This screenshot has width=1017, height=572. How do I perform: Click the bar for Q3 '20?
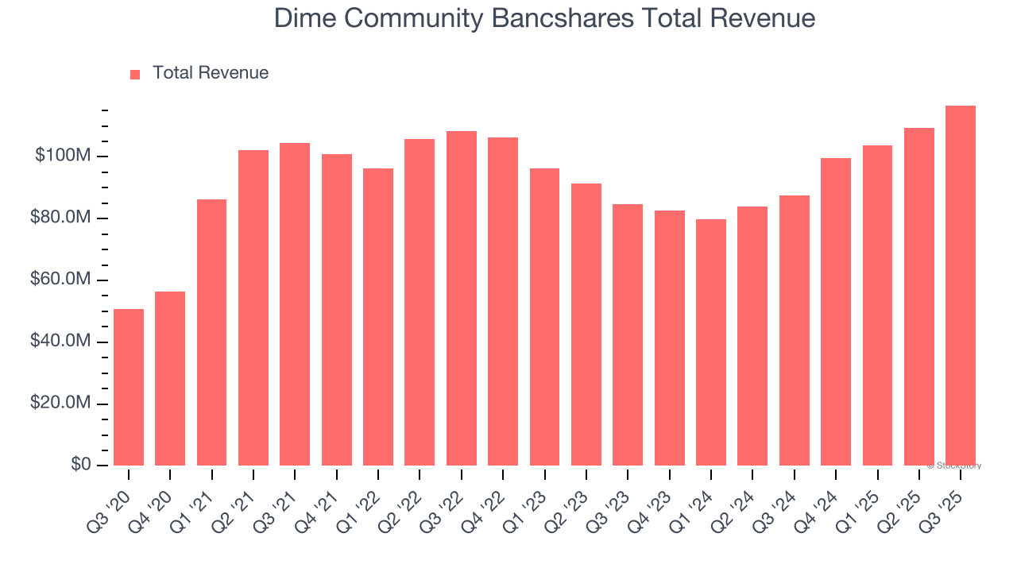[x=129, y=387]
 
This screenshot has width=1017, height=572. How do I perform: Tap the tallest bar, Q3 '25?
[x=961, y=285]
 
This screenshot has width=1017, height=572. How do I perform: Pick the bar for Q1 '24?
[x=711, y=342]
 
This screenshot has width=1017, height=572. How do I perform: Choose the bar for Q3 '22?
[x=462, y=298]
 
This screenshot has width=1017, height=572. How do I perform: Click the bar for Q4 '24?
[x=836, y=311]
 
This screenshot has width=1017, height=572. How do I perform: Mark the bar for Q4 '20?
[x=170, y=378]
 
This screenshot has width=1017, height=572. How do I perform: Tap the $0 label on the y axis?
[x=80, y=465]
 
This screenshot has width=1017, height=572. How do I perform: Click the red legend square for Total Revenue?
[x=135, y=74]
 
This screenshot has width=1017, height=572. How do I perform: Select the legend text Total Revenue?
[x=211, y=73]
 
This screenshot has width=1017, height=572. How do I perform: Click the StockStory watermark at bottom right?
[x=957, y=466]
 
